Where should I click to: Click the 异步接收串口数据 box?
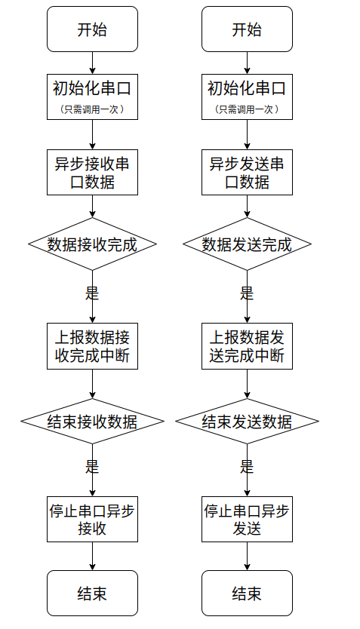[92, 173]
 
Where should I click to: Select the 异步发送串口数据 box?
[247, 173]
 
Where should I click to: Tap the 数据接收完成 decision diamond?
[92, 244]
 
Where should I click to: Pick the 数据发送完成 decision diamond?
[247, 244]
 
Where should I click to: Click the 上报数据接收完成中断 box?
[92, 346]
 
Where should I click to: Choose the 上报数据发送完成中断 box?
[247, 346]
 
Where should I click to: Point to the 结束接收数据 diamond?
[92, 421]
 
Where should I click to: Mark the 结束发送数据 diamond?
[247, 421]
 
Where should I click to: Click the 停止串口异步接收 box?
[92, 520]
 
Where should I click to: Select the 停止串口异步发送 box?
[247, 520]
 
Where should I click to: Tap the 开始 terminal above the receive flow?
[92, 29]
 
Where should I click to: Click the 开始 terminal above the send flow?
[247, 29]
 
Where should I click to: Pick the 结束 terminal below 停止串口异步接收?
[92, 594]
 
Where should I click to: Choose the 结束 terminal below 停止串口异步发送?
[247, 594]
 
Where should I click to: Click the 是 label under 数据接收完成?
[92, 293]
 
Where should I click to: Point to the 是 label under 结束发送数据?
[247, 467]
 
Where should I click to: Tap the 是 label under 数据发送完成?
[247, 293]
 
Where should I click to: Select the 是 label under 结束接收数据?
[92, 467]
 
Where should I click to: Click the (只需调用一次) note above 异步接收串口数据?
[92, 109]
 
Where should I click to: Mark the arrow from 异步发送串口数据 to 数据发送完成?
[247, 207]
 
